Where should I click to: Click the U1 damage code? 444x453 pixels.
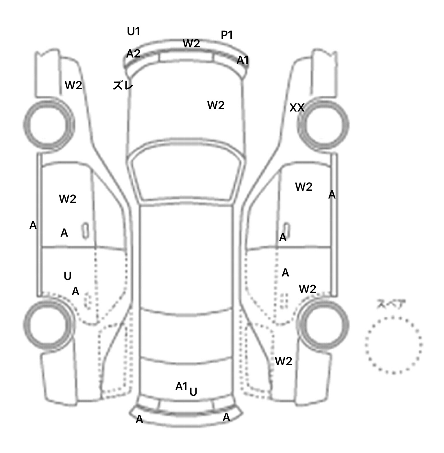(x=134, y=31)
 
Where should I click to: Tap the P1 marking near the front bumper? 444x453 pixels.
(x=227, y=35)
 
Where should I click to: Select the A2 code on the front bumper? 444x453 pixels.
(x=134, y=53)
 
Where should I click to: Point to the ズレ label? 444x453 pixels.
(x=123, y=86)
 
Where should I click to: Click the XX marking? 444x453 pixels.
(x=297, y=108)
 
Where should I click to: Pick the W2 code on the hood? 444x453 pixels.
(x=216, y=105)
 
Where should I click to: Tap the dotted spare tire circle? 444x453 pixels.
(x=393, y=345)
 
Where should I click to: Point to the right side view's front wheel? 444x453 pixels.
(x=323, y=125)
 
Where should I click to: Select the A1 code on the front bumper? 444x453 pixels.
(x=243, y=60)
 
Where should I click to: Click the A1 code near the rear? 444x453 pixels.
(x=182, y=386)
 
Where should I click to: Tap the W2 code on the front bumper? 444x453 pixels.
(x=191, y=44)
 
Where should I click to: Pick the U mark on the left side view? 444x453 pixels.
(x=67, y=276)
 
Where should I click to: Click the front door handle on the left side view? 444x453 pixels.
(x=86, y=231)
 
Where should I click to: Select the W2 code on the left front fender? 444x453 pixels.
(x=73, y=85)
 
